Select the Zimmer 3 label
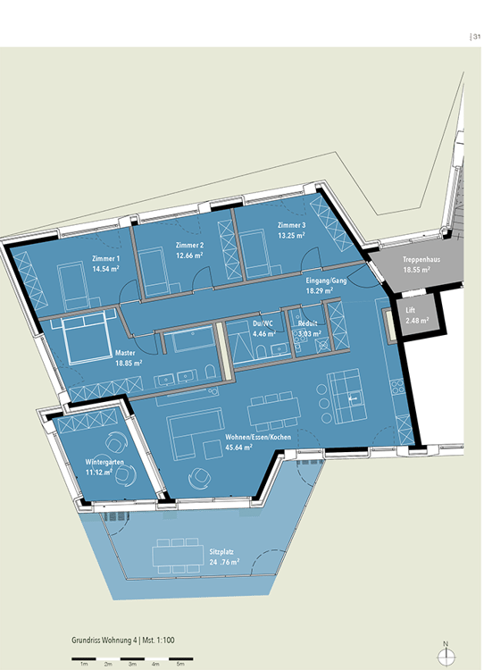point(291,224)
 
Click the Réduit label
point(310,324)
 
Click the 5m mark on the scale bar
point(179,665)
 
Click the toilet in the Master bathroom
point(207,372)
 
